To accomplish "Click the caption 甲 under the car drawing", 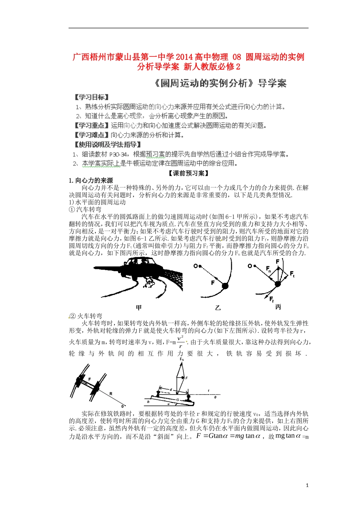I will tap(139, 308).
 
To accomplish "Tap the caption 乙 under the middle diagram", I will tap(218, 308).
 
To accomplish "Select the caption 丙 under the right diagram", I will tap(278, 307).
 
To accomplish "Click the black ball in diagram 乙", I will tap(225, 286).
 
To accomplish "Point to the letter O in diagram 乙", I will tap(196, 266).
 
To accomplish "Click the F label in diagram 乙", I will tap(213, 283).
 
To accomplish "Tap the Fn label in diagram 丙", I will tap(268, 269).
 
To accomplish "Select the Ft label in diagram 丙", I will tap(292, 273).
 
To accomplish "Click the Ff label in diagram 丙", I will tap(271, 300).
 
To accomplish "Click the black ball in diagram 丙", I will tap(277, 284).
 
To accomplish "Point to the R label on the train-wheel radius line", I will tap(111, 394).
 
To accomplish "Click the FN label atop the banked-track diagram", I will tap(182, 359).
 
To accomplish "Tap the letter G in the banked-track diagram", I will tap(177, 400).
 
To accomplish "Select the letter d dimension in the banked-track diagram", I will tap(171, 389).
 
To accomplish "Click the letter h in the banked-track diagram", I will tap(148, 402).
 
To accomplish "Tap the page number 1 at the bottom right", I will tap(307, 486).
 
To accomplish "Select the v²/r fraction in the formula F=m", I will tap(181, 342).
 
